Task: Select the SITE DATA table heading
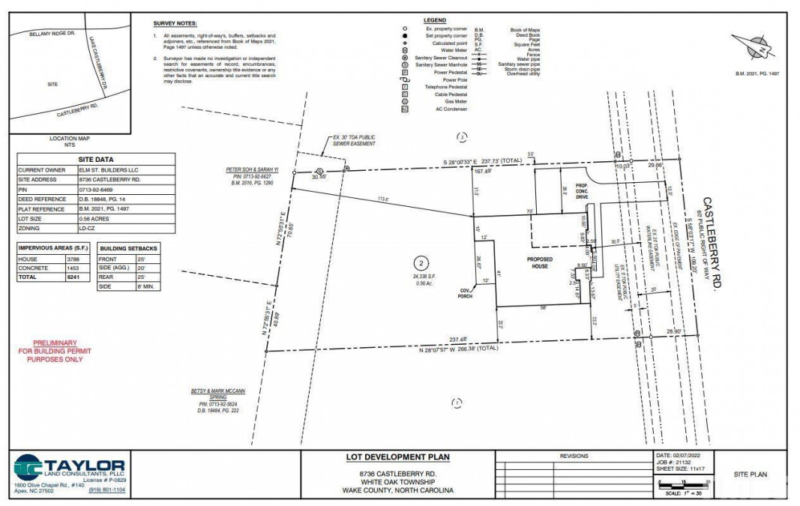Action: pos(96,160)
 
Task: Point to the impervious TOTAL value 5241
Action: pos(68,277)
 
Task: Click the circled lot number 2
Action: pos(422,262)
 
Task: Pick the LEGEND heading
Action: pos(434,20)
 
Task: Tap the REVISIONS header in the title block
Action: pos(574,456)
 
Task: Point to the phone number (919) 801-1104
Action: pos(107,490)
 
